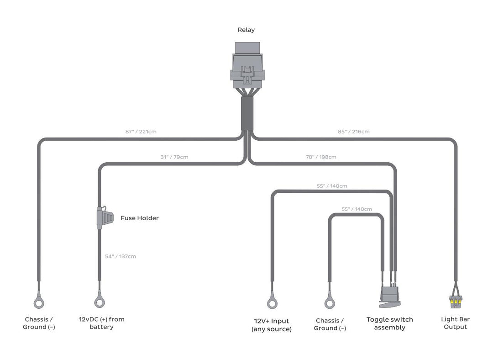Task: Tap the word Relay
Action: (x=246, y=30)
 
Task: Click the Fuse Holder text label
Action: (x=140, y=218)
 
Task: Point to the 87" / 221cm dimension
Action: (x=142, y=132)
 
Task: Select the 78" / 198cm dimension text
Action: (x=321, y=157)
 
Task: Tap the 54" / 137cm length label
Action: (x=121, y=256)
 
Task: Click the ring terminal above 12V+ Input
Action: (x=273, y=302)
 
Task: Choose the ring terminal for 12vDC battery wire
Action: (x=100, y=302)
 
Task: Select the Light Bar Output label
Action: (x=455, y=323)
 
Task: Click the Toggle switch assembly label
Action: (x=389, y=323)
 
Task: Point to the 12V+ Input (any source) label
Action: (x=272, y=325)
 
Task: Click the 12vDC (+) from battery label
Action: (x=101, y=323)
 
